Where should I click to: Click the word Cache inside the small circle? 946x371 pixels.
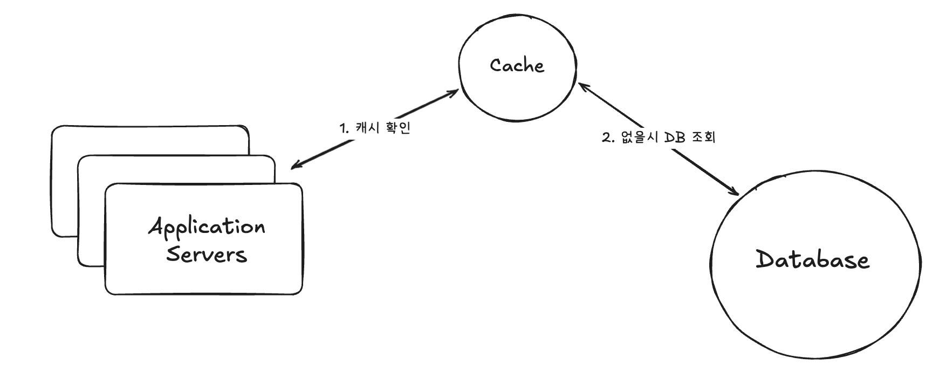tap(517, 66)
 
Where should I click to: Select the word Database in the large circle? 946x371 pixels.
tap(812, 260)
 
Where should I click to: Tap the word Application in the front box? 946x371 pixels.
tap(207, 228)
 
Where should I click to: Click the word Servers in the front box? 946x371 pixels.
tap(207, 254)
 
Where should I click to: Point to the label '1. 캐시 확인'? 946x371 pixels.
tap(374, 128)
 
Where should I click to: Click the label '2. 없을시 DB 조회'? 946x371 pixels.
tap(658, 137)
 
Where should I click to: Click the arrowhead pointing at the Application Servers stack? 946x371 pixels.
tap(294, 166)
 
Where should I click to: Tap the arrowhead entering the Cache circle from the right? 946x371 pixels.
tap(581, 86)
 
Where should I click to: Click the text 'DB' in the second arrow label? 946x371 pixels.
tap(675, 137)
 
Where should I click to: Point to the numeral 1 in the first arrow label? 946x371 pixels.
tap(342, 128)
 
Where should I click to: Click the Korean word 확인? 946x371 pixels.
tap(399, 128)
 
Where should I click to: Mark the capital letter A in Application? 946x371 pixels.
tap(156, 226)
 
